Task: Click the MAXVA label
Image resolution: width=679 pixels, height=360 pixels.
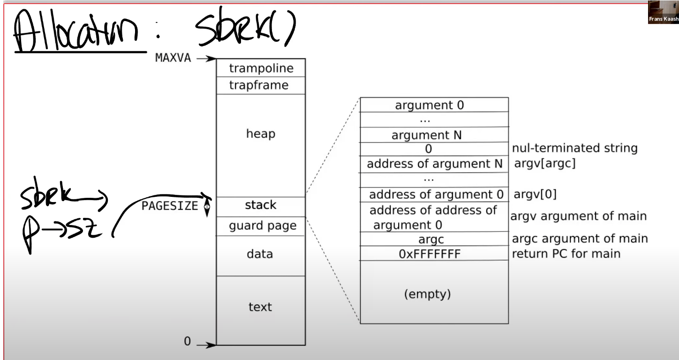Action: pyautogui.click(x=173, y=58)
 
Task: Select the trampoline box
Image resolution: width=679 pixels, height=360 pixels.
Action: pyautogui.click(x=261, y=67)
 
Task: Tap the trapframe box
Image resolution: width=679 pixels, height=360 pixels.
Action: pyautogui.click(x=261, y=85)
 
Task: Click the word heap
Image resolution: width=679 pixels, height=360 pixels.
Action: pyautogui.click(x=261, y=134)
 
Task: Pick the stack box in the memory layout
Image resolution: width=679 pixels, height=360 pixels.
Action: pyautogui.click(x=261, y=207)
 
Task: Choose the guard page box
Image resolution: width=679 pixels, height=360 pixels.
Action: pyautogui.click(x=261, y=226)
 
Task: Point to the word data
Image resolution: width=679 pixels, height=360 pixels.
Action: pyautogui.click(x=260, y=254)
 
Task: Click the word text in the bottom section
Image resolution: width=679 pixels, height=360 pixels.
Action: pyautogui.click(x=260, y=307)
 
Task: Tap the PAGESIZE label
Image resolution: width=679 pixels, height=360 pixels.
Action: pyautogui.click(x=170, y=206)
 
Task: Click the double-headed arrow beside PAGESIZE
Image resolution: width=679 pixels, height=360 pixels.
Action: pyautogui.click(x=207, y=207)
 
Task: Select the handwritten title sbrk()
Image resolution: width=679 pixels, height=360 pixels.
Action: pyautogui.click(x=246, y=27)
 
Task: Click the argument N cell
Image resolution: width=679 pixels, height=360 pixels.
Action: pyautogui.click(x=434, y=135)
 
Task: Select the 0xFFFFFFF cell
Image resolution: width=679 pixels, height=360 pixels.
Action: pyautogui.click(x=434, y=253)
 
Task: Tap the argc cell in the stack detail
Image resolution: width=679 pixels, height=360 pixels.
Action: pyautogui.click(x=434, y=239)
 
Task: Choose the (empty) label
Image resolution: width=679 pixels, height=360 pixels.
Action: pyautogui.click(x=427, y=294)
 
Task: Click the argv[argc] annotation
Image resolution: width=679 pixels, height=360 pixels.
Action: pyautogui.click(x=545, y=163)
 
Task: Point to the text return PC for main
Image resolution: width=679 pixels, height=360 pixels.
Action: pyautogui.click(x=566, y=254)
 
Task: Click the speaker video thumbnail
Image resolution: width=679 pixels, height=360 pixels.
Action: pyautogui.click(x=664, y=12)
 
